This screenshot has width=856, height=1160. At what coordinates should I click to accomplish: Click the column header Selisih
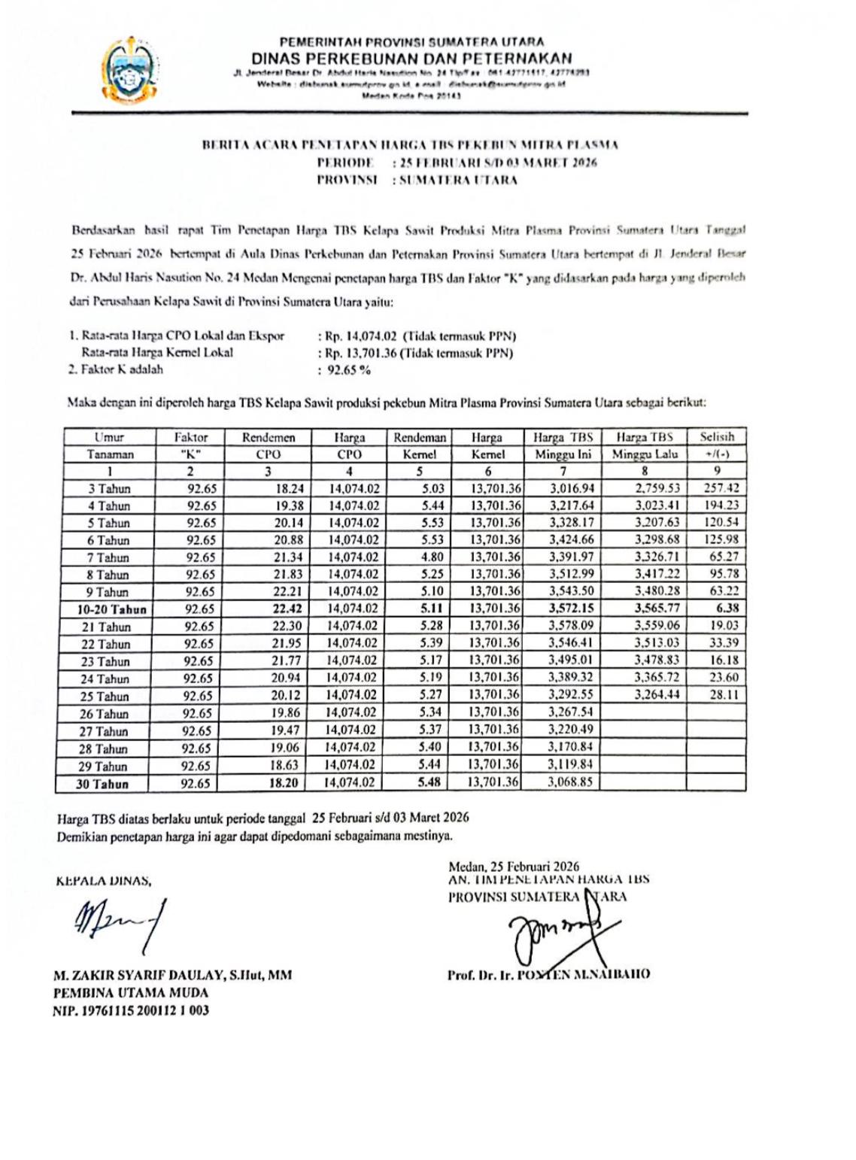[x=716, y=436]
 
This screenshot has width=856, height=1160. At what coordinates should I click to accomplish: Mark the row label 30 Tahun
[x=102, y=784]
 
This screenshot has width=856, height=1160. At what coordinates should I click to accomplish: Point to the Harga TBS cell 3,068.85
[x=571, y=782]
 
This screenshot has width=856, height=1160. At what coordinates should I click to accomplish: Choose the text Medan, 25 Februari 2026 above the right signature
[x=514, y=867]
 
